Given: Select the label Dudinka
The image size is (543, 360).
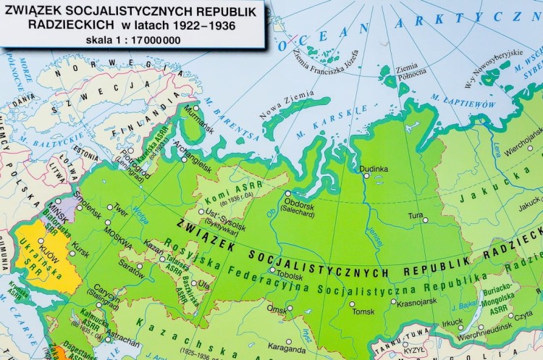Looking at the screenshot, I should tap(374, 169).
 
